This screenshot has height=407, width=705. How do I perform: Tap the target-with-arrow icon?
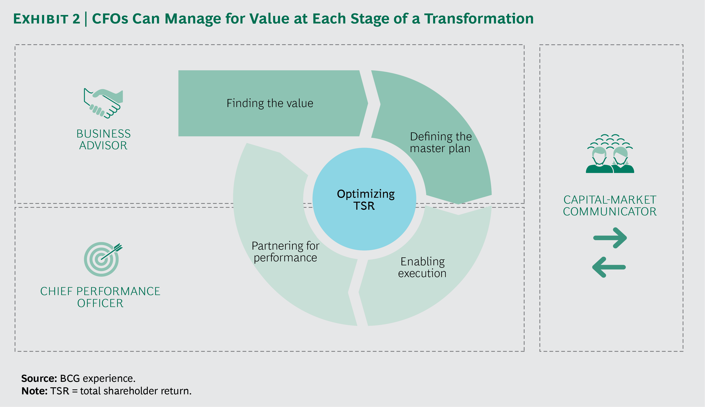(x=102, y=259)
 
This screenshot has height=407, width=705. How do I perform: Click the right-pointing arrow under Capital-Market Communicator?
(x=610, y=238)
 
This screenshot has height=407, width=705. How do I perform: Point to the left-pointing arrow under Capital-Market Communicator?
(x=609, y=267)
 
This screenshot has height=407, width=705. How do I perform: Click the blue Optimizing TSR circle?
(x=364, y=199)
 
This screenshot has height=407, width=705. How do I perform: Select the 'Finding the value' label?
(x=270, y=103)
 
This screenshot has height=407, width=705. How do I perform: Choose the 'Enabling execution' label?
(x=422, y=267)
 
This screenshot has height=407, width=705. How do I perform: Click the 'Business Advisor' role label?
(x=103, y=140)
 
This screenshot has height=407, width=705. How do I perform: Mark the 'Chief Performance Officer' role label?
(x=100, y=297)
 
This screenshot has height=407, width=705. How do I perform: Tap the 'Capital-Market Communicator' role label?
(x=610, y=206)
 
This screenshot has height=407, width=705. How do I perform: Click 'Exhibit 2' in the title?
(x=47, y=19)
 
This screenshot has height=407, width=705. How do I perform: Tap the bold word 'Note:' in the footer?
(x=34, y=391)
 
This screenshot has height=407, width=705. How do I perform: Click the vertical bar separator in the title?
(x=86, y=19)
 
